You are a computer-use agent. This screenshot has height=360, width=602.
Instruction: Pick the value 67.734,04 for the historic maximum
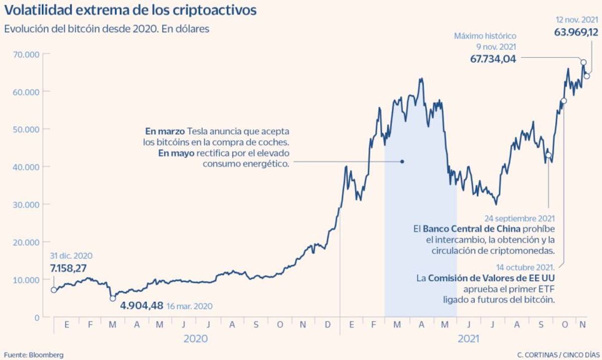pos(493,59)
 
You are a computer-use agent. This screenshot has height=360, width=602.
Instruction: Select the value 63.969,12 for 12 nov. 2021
pos(576,32)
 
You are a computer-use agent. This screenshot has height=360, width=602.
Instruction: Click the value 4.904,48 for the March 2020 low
pos(142,305)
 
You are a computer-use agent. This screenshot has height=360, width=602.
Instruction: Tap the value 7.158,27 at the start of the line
pos(72,268)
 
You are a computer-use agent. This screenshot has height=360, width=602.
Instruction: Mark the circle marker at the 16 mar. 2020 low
pos(113,298)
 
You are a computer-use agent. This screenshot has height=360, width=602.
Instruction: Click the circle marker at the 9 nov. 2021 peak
pos(583,62)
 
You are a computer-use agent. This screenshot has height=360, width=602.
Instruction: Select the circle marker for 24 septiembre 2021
pos(548,155)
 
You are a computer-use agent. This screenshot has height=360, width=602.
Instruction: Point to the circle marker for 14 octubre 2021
pos(564,101)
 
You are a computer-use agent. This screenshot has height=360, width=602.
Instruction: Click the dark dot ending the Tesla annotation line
pos(402,161)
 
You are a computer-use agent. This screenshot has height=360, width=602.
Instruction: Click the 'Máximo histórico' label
pos(485,36)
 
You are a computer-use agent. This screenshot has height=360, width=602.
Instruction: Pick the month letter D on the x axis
pos(328,325)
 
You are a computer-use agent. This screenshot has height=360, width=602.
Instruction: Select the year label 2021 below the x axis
pos(469,339)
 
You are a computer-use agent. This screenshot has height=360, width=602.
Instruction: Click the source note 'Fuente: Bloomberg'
pos(34,354)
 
